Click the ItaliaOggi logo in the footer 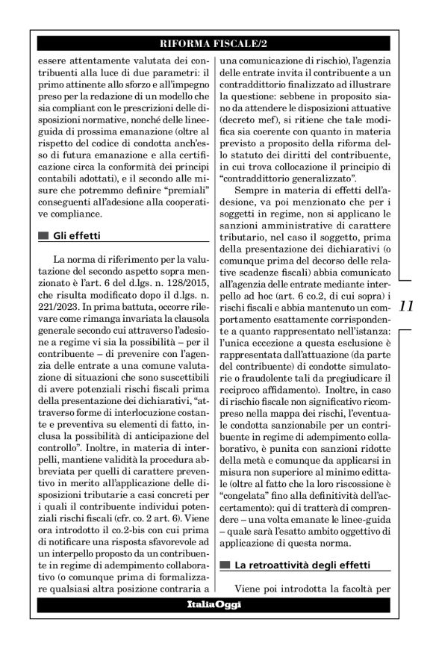click(216, 603)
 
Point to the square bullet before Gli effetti click(43, 235)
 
